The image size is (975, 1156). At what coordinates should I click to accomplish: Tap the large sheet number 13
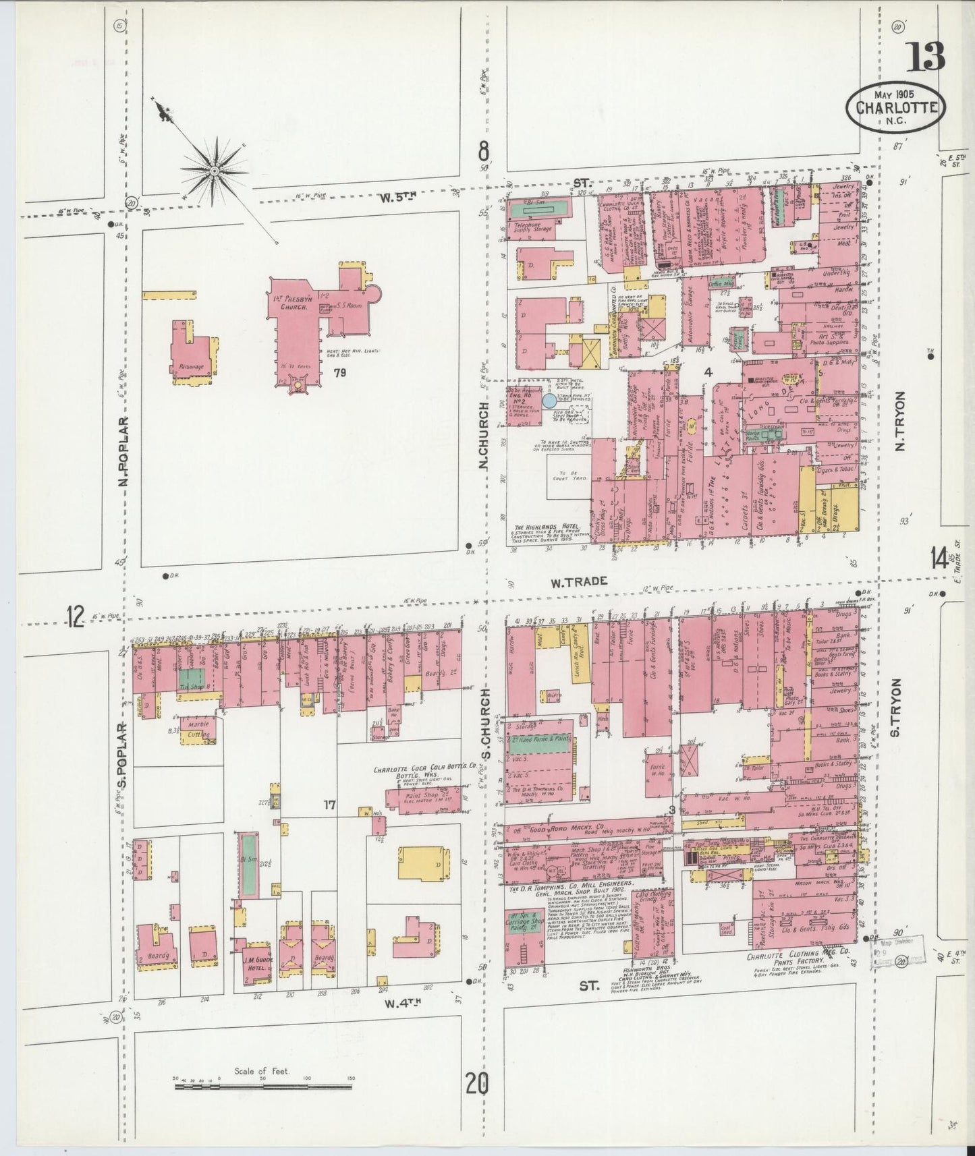click(x=925, y=57)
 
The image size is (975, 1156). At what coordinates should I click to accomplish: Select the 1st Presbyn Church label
click(x=296, y=302)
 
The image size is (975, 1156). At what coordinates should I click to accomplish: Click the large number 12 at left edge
click(x=76, y=616)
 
